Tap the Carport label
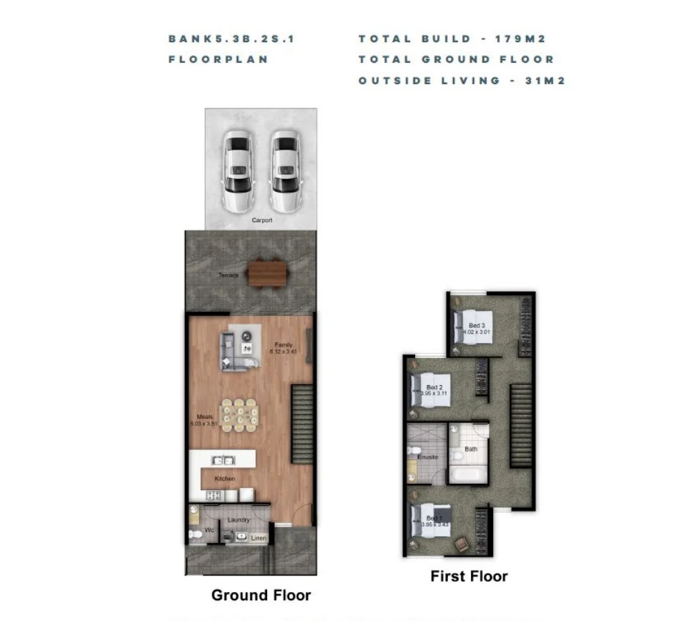click(x=262, y=221)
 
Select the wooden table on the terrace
click(x=267, y=273)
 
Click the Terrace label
click(x=229, y=275)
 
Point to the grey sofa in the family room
click(x=233, y=352)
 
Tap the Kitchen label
click(x=224, y=478)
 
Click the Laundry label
click(x=238, y=520)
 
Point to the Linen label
click(x=258, y=538)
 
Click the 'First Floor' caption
click(x=469, y=575)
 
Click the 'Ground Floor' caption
click(x=261, y=595)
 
